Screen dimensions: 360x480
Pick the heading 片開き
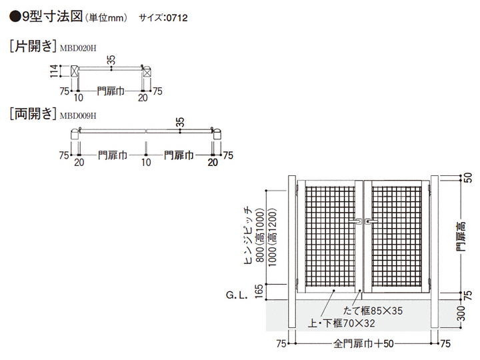(31, 47)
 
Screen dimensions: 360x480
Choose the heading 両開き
(31, 114)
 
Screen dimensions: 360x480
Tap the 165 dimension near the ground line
(258, 293)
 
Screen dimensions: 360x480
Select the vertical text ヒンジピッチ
(248, 235)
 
